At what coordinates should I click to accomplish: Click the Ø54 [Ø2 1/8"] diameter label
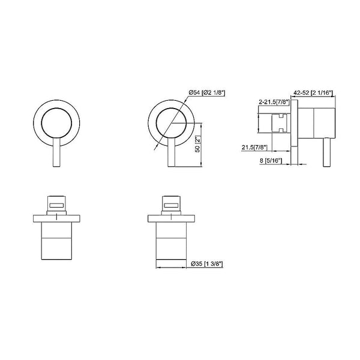[206, 91]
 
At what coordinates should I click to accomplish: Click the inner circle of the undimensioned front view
[58, 123]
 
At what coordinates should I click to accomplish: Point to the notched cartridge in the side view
[282, 124]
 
